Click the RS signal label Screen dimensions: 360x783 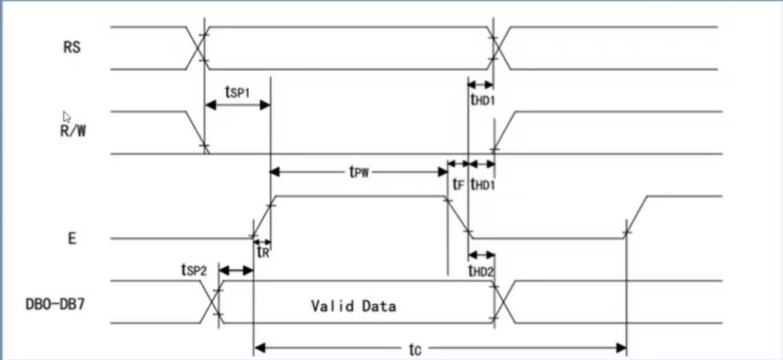[71, 48]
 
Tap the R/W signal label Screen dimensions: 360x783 [73, 130]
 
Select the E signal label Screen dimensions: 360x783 [72, 239]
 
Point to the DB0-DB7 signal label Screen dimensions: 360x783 [56, 304]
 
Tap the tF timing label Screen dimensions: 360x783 [458, 185]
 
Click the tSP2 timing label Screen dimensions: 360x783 [193, 269]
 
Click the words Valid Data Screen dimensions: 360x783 [353, 305]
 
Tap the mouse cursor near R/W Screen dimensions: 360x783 [66, 116]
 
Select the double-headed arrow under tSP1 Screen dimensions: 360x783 [238, 105]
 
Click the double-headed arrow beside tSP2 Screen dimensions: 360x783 [236, 271]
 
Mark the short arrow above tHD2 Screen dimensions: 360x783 [481, 254]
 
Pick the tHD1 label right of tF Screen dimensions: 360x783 [483, 185]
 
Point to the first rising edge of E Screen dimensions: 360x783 [262, 217]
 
